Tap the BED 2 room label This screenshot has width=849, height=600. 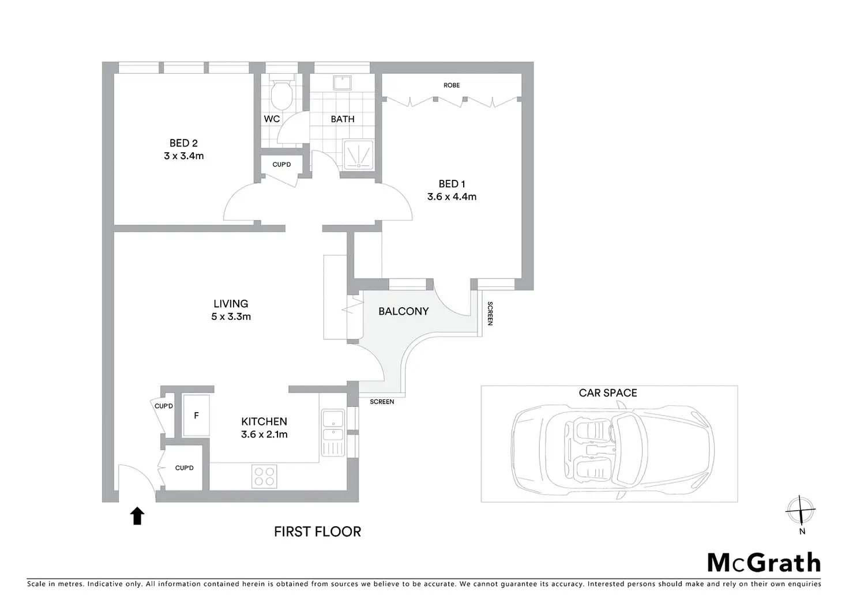click(x=183, y=143)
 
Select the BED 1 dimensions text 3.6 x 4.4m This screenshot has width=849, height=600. click(x=452, y=197)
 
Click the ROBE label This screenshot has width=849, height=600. click(x=452, y=85)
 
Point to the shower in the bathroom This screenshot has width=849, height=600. click(x=359, y=154)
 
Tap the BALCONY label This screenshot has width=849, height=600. click(x=403, y=311)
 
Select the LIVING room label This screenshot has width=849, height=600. click(x=231, y=304)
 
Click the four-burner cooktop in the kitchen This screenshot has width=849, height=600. click(x=264, y=476)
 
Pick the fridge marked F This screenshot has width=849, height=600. click(x=196, y=415)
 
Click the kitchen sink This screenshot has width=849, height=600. click(x=333, y=427)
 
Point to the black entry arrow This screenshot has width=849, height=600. click(x=137, y=516)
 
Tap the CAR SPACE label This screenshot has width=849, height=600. click(x=608, y=393)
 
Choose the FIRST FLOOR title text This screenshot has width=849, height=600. click(x=317, y=531)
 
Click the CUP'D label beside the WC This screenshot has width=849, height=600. click(x=281, y=165)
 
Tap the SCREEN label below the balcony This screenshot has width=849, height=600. click(x=382, y=402)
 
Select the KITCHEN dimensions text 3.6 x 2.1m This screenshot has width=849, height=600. click(x=264, y=435)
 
